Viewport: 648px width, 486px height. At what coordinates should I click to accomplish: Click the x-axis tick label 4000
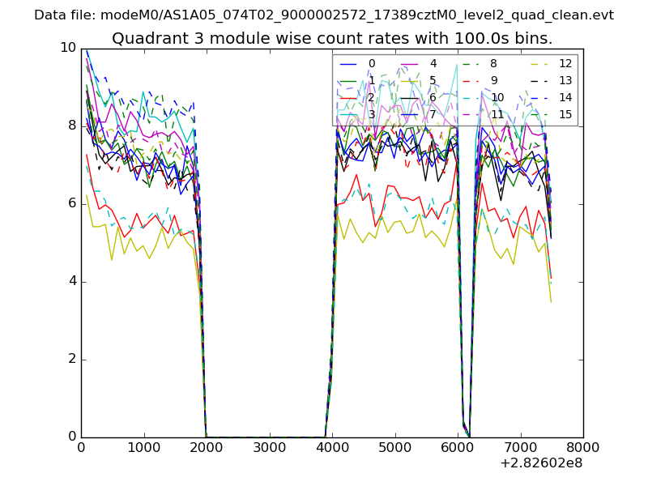click(x=332, y=447)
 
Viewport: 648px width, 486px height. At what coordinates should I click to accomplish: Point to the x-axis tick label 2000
click(x=207, y=447)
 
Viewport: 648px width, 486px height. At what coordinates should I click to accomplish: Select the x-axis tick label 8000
click(x=583, y=447)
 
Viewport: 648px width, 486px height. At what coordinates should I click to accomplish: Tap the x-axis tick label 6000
click(x=458, y=447)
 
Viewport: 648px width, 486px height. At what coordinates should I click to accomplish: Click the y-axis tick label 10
click(x=68, y=48)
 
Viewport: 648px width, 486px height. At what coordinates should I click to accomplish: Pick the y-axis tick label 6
click(x=72, y=203)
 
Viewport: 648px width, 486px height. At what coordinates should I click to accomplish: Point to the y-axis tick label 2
click(x=72, y=359)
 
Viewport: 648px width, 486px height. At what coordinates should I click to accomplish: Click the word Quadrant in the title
click(x=143, y=38)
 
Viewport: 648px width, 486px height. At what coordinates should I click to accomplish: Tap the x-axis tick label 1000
click(x=143, y=447)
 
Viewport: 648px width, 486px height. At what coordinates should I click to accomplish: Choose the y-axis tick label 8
click(x=72, y=126)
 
